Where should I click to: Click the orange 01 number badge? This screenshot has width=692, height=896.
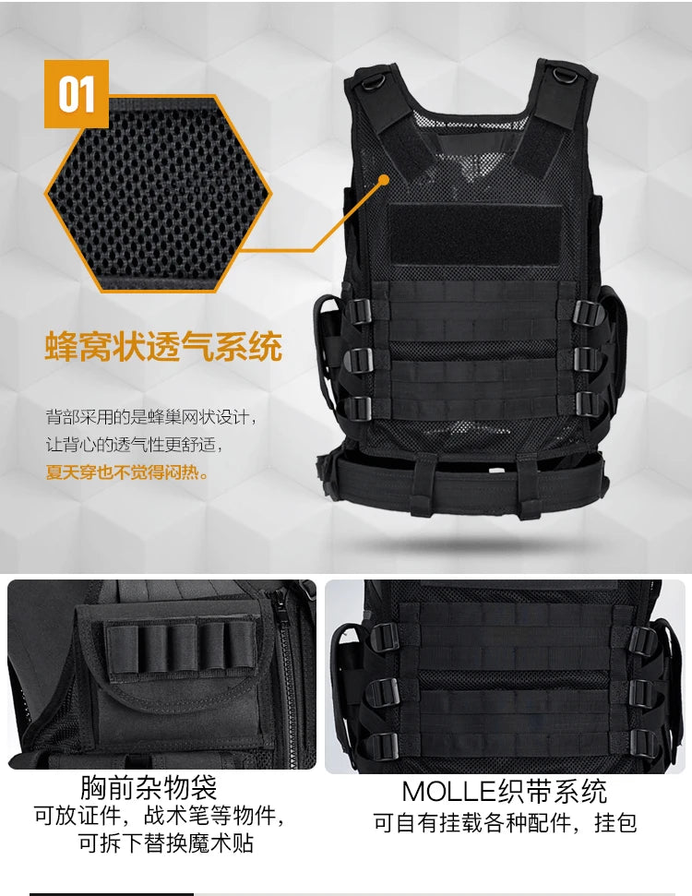77,94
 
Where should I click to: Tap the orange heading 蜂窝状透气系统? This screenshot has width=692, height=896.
163,348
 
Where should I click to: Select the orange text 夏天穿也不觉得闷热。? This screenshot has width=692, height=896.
127,473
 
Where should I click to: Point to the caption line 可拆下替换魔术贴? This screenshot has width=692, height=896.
166,842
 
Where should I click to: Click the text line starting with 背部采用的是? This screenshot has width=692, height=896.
148,417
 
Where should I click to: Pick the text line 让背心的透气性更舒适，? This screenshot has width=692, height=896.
135,445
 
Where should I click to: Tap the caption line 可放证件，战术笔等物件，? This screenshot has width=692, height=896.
160,816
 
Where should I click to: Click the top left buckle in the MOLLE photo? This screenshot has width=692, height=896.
385,636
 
